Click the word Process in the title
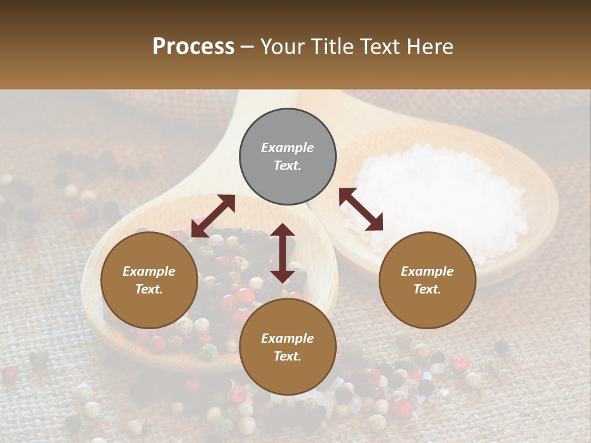(193, 47)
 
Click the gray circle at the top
(287, 157)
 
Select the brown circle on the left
(149, 280)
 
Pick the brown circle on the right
(427, 280)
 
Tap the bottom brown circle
(287, 347)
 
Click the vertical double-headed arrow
(283, 253)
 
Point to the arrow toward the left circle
(213, 216)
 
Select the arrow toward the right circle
(361, 209)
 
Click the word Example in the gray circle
(287, 148)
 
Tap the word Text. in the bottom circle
(287, 356)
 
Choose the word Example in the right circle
(427, 271)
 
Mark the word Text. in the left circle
(149, 289)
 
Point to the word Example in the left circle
(149, 271)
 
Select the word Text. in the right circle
(427, 289)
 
